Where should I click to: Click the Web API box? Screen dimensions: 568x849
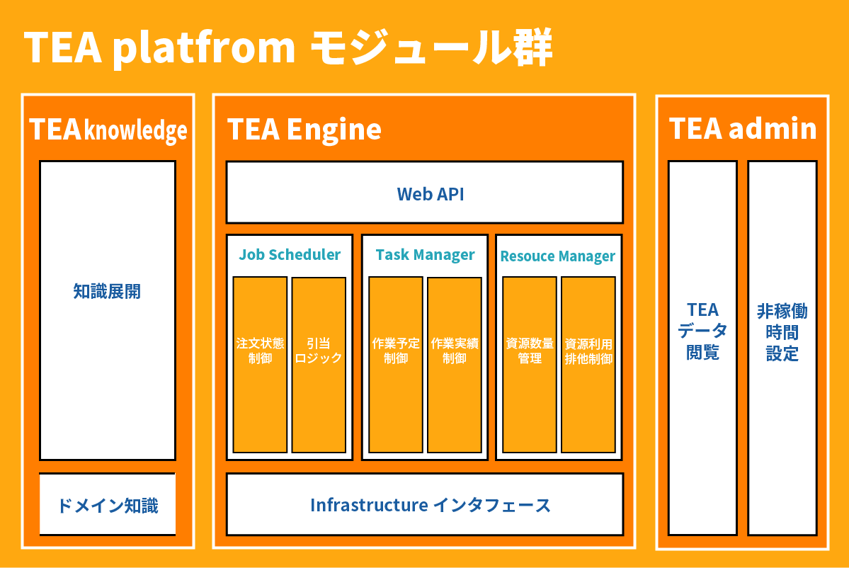[x=424, y=193]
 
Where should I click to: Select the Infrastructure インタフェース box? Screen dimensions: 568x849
[x=424, y=504]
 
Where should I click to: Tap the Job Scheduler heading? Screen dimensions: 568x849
[x=290, y=255]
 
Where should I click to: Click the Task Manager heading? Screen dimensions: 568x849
[x=425, y=255]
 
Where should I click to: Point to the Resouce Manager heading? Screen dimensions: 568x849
[x=558, y=256]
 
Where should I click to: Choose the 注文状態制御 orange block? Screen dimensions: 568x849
[x=260, y=365]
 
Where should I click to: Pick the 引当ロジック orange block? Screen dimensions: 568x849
[x=319, y=365]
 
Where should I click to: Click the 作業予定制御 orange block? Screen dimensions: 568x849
[x=396, y=365]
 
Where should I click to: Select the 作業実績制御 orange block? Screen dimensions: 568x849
[x=455, y=365]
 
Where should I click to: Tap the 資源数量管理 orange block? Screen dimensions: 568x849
[x=530, y=365]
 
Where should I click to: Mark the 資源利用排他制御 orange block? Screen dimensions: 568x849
[x=588, y=365]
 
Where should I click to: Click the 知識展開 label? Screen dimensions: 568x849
[x=107, y=291]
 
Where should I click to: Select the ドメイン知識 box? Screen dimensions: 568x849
[x=107, y=505]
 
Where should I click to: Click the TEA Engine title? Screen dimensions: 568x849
[x=304, y=130]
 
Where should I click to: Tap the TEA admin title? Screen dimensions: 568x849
[x=743, y=129]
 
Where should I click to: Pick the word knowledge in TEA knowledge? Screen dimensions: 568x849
[x=136, y=131]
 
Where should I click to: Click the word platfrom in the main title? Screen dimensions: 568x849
[x=204, y=49]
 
